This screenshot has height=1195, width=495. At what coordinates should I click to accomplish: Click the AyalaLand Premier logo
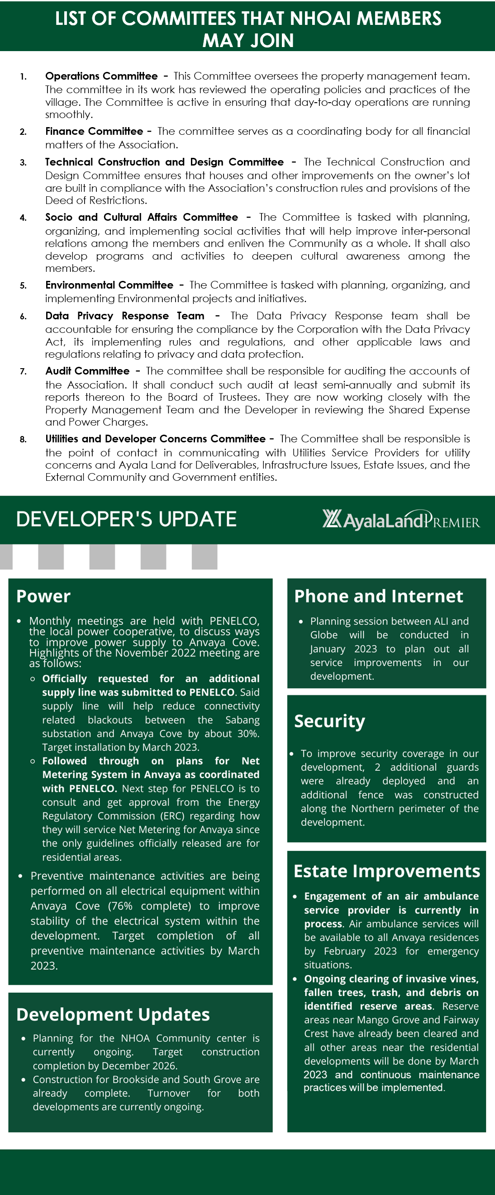pos(401,520)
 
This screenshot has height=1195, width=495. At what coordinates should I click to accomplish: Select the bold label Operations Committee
pos(101,76)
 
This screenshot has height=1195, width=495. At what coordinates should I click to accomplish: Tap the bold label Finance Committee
pos(94,131)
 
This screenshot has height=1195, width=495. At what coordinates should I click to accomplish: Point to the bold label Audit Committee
pos(87,371)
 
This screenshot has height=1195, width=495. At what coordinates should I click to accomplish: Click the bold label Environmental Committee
pos(109,285)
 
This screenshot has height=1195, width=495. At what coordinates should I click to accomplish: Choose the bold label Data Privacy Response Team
pos(124,316)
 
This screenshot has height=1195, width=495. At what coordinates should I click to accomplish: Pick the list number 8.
pos(23,439)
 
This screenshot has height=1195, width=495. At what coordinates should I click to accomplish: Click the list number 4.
pos(23,218)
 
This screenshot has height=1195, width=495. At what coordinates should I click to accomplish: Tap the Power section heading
pos(43,596)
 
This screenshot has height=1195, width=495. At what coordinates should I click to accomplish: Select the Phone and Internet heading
pos(379,596)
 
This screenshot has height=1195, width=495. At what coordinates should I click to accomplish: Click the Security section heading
pos(329,721)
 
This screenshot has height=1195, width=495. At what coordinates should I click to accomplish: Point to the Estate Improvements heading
pos(386,871)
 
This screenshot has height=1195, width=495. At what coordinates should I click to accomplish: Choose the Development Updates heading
pos(113,1015)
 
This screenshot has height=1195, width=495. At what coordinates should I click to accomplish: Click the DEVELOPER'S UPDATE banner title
pos(126,519)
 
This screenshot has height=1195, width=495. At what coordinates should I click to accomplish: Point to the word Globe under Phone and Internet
pos(324,635)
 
